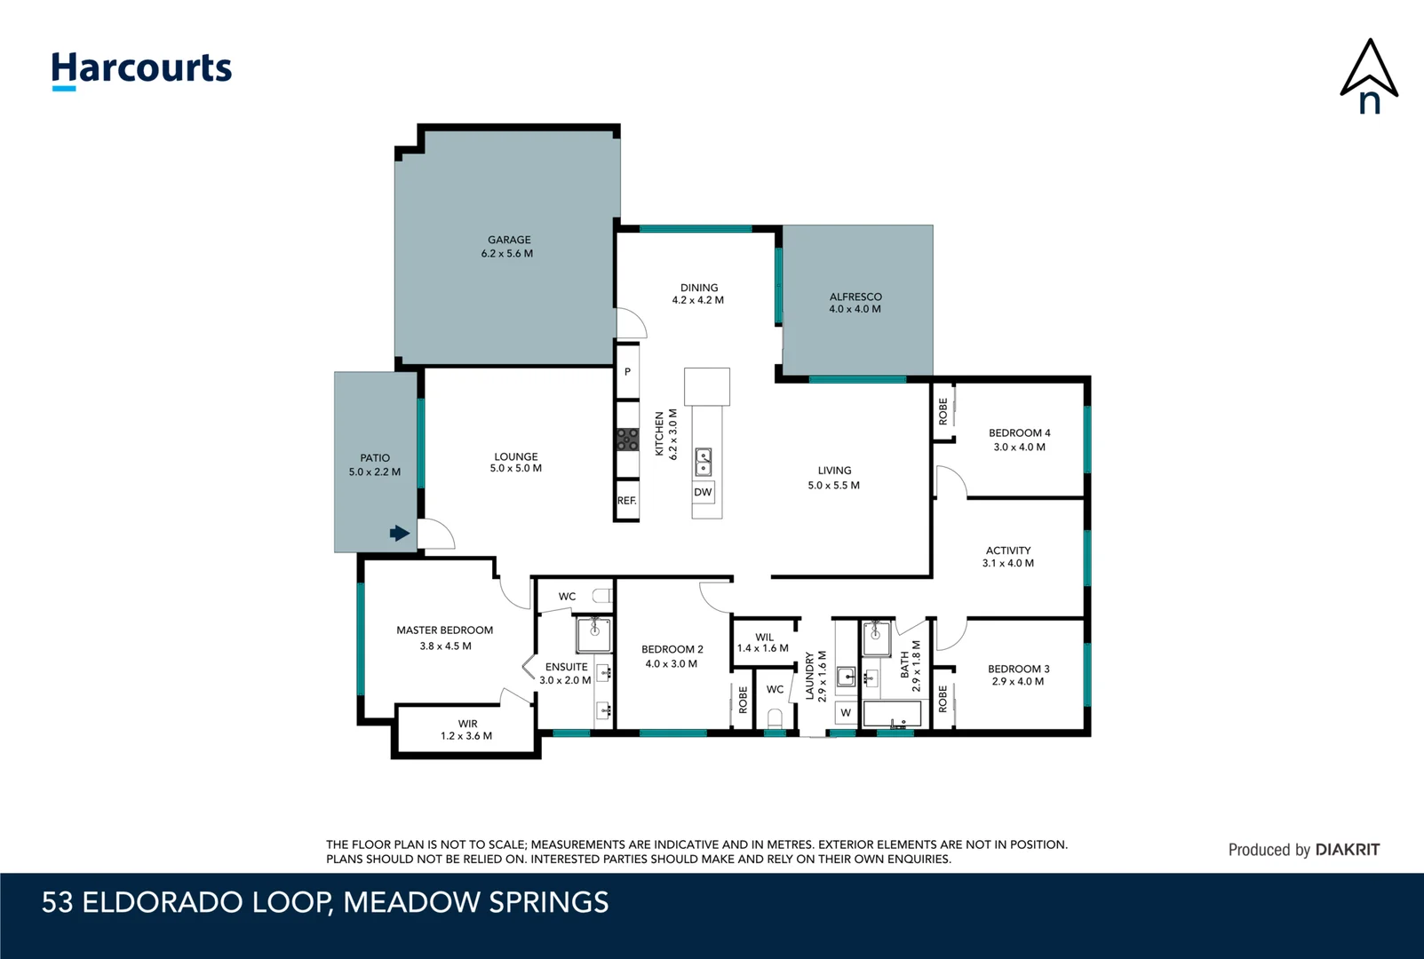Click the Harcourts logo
[x=141, y=69]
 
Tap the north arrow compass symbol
[x=1369, y=76]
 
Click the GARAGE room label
[x=509, y=240]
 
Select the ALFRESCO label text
[x=855, y=297]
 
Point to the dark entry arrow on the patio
[x=400, y=533]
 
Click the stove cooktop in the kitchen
[x=627, y=440]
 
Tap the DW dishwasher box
[x=703, y=492]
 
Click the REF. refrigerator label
[x=627, y=501]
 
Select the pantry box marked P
[x=627, y=372]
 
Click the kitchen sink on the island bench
[x=704, y=462]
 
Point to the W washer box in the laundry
[x=846, y=712]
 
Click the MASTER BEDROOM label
[x=444, y=630]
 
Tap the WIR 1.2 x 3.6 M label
[x=466, y=730]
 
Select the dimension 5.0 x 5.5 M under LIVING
[x=833, y=486]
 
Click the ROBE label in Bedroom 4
[x=943, y=411]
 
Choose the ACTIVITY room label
[x=1008, y=551]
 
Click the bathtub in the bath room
[x=892, y=714]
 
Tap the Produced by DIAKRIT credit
[x=1303, y=850]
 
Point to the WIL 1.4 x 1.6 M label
[x=763, y=643]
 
